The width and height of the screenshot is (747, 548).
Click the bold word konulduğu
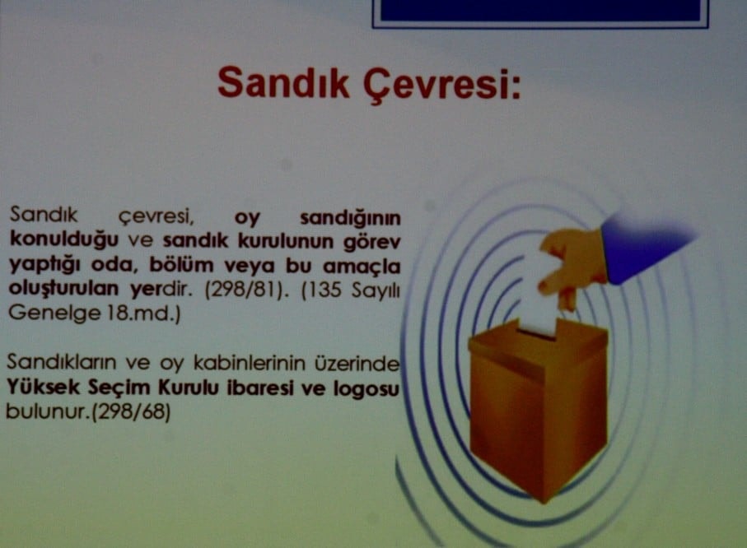(x=65, y=239)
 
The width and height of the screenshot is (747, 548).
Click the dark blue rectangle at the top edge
(x=539, y=12)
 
